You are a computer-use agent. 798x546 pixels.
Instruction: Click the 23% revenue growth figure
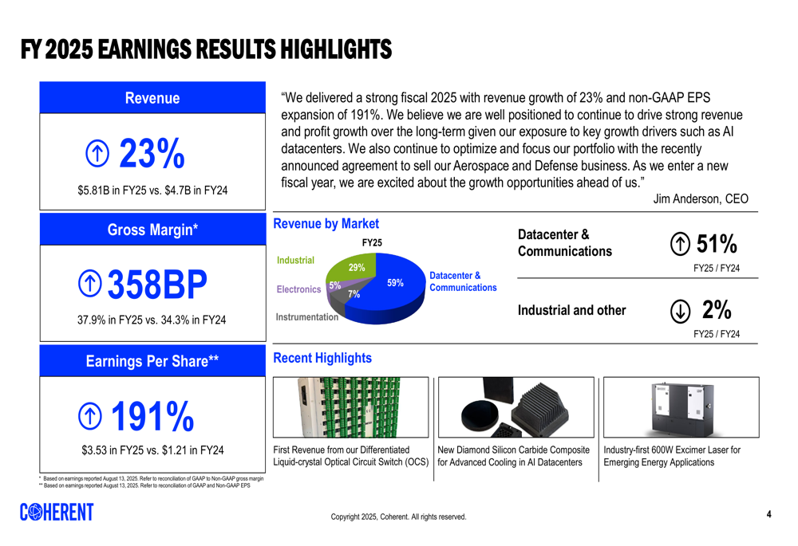(x=152, y=153)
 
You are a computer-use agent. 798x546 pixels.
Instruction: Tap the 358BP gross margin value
(x=157, y=285)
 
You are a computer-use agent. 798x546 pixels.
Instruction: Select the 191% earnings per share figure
(x=152, y=416)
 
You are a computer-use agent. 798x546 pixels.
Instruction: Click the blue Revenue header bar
(x=152, y=97)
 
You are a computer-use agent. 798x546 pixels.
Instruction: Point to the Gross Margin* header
(x=152, y=230)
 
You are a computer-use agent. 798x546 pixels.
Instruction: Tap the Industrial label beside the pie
(x=295, y=261)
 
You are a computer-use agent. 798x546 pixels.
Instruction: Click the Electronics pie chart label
(x=298, y=289)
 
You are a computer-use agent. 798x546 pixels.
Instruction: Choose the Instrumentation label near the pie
(x=307, y=316)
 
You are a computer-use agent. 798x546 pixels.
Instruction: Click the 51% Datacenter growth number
(x=717, y=244)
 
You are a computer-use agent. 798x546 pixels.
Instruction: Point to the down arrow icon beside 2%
(x=680, y=311)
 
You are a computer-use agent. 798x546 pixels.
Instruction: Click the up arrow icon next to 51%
(x=680, y=244)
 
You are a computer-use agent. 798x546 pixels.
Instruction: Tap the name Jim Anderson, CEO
(x=701, y=198)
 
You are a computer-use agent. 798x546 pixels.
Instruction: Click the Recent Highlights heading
(x=322, y=358)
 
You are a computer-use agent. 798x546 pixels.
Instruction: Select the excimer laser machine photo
(x=681, y=408)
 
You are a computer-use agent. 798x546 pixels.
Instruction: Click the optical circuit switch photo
(x=350, y=407)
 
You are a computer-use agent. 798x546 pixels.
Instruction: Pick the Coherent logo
(x=57, y=512)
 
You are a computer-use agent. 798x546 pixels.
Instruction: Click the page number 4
(x=769, y=514)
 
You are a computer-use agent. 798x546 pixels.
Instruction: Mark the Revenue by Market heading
(x=326, y=224)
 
